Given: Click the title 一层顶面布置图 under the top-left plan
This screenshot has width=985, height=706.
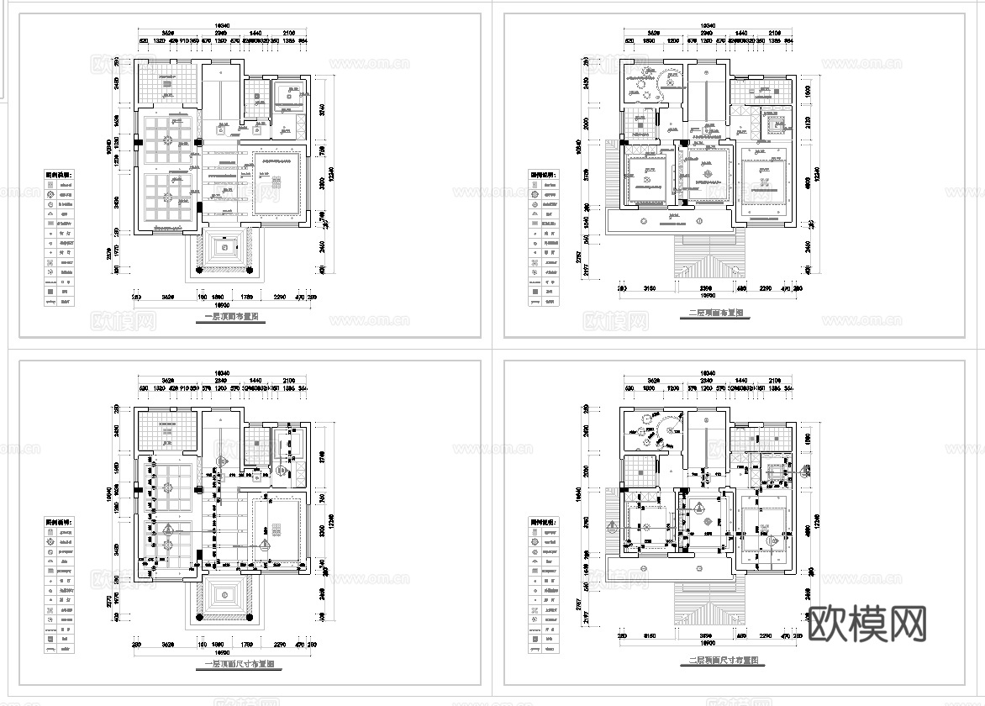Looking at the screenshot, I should click(x=231, y=319).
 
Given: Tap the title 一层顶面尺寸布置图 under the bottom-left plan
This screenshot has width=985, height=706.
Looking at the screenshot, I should click(x=243, y=663).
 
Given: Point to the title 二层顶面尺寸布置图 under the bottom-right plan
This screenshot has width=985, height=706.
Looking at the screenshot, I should click(x=722, y=662).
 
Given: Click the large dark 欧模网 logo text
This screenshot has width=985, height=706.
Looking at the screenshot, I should click(x=868, y=624).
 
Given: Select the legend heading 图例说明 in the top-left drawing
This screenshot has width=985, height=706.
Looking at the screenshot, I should click(x=59, y=174).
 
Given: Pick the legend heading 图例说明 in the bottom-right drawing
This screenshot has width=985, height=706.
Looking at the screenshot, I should click(x=544, y=521).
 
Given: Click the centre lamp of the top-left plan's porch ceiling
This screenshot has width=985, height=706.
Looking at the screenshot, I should click(x=224, y=248).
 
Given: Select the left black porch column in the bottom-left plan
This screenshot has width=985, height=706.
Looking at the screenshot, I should click(x=198, y=617).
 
